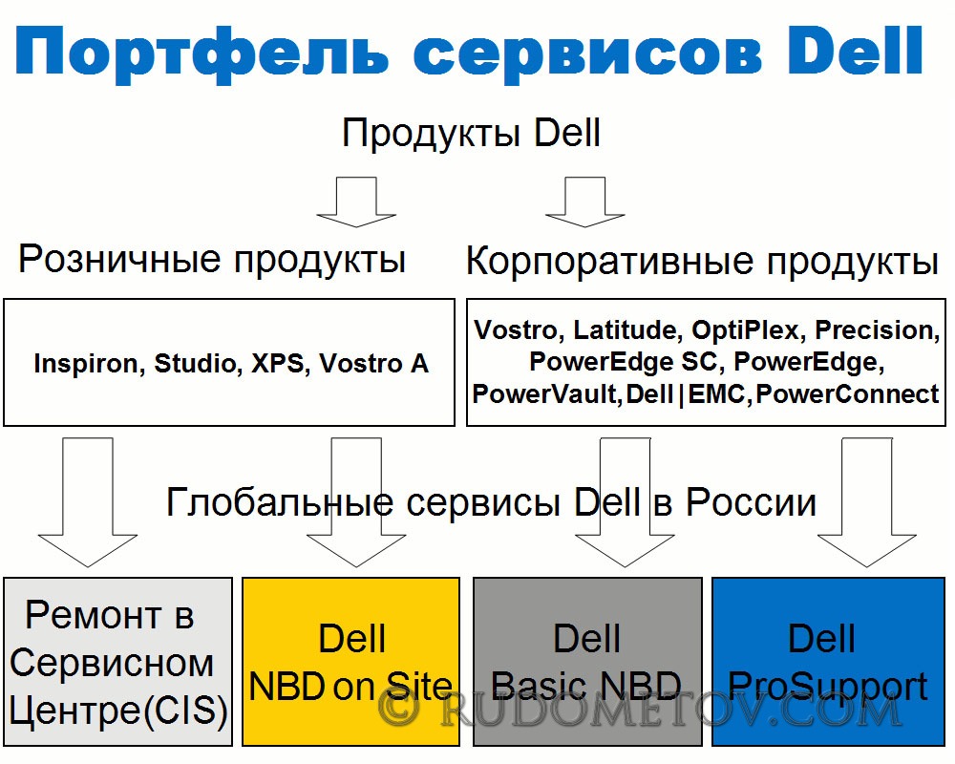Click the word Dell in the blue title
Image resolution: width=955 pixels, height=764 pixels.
855,51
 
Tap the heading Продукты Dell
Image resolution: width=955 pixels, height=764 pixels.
472,134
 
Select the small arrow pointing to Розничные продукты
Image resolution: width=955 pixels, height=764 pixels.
356,202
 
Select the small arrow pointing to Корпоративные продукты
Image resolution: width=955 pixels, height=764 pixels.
584,202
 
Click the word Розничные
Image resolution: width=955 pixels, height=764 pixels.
119,260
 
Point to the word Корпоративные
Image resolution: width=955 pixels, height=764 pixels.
610,262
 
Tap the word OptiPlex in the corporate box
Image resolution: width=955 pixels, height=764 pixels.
744,330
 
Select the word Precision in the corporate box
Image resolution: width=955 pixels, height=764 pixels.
874,330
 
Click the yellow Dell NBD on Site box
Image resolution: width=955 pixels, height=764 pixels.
350,662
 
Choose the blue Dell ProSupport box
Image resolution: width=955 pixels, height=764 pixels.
828,662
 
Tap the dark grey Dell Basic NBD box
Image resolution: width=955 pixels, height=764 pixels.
587,662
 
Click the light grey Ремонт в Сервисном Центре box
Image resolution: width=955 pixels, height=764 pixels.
117,662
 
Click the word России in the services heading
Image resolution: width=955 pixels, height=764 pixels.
751,503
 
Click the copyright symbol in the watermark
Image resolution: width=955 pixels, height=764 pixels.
398,709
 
